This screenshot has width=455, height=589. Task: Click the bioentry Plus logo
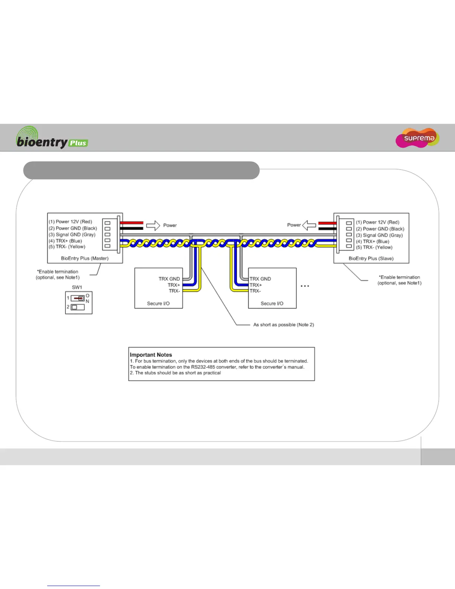click(x=52, y=138)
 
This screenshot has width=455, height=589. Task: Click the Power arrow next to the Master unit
click(x=153, y=225)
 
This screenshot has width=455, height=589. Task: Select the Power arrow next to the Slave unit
click(x=309, y=225)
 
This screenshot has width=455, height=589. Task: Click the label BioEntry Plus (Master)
click(x=85, y=258)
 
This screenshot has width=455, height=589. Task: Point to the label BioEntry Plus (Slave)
click(x=371, y=258)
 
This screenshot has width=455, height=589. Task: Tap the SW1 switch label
click(x=77, y=287)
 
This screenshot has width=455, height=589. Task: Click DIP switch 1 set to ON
click(x=78, y=298)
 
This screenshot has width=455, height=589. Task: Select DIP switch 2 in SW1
click(x=78, y=307)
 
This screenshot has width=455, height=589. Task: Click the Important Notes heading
click(x=151, y=355)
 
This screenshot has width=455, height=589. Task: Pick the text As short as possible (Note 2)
click(x=284, y=325)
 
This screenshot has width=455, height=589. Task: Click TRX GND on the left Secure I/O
click(x=169, y=279)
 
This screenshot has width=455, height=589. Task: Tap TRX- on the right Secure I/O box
click(x=255, y=291)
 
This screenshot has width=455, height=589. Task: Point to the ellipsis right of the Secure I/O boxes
click(x=305, y=286)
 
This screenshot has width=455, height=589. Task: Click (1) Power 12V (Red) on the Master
click(x=70, y=222)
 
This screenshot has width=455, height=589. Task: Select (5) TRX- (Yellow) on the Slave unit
click(x=374, y=247)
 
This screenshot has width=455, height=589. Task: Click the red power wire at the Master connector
click(x=132, y=223)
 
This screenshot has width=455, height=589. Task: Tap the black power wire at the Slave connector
click(x=327, y=229)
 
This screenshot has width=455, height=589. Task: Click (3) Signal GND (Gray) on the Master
click(x=72, y=235)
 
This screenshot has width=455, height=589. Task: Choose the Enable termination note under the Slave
click(x=399, y=280)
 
